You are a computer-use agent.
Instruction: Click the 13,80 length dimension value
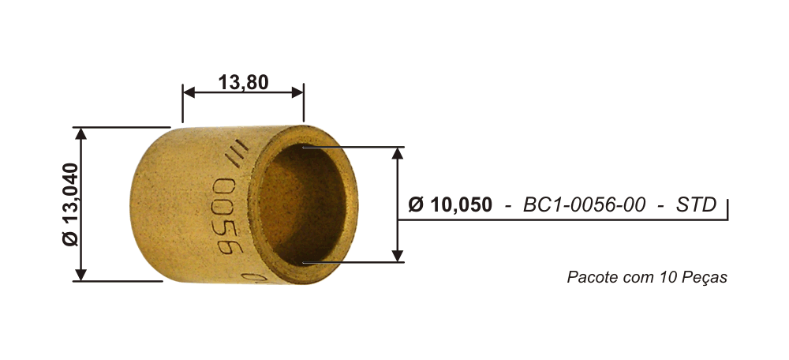244,82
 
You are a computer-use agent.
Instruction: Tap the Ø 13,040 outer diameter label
71,204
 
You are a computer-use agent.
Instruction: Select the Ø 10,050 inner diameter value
451,205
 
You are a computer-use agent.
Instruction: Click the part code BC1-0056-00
584,205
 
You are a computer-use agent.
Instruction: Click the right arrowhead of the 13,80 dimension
297,92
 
